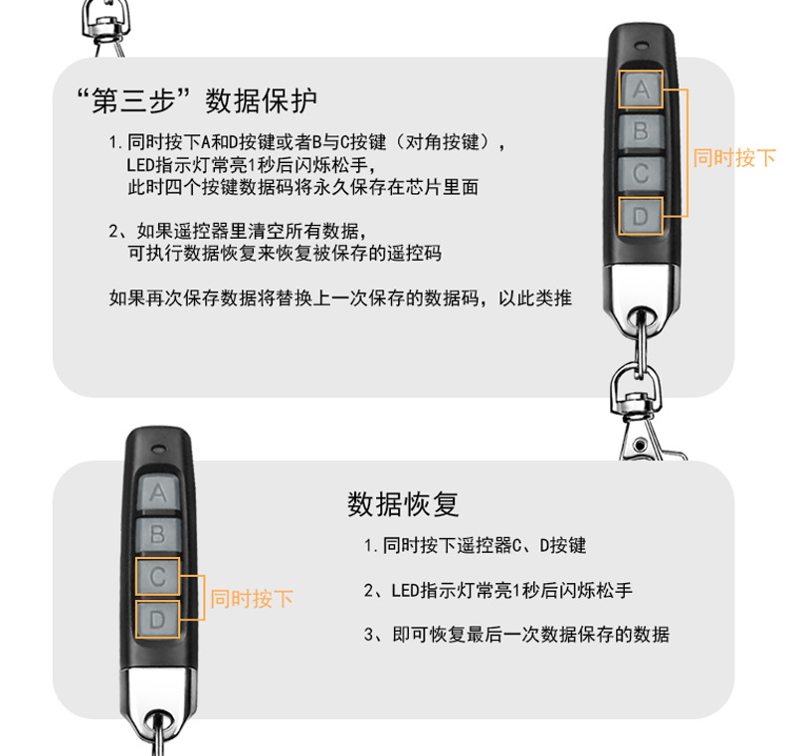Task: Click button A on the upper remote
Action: pyautogui.click(x=641, y=91)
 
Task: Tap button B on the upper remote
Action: pyautogui.click(x=641, y=130)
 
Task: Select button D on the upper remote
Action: pyautogui.click(x=641, y=215)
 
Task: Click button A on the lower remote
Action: pyautogui.click(x=157, y=491)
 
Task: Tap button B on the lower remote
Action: pyautogui.click(x=157, y=534)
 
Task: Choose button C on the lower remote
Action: pyautogui.click(x=157, y=577)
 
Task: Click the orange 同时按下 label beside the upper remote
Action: pyautogui.click(x=733, y=157)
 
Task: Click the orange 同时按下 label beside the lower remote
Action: pyautogui.click(x=251, y=599)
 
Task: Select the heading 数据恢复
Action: pyautogui.click(x=403, y=504)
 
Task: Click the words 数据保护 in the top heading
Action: pyautogui.click(x=262, y=100)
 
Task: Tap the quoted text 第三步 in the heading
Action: pyautogui.click(x=131, y=100)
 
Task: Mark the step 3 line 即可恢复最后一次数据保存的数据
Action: pyautogui.click(x=517, y=634)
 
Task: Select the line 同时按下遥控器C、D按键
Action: pyautogui.click(x=476, y=545)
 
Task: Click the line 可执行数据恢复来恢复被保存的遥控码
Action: pyautogui.click(x=285, y=253)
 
